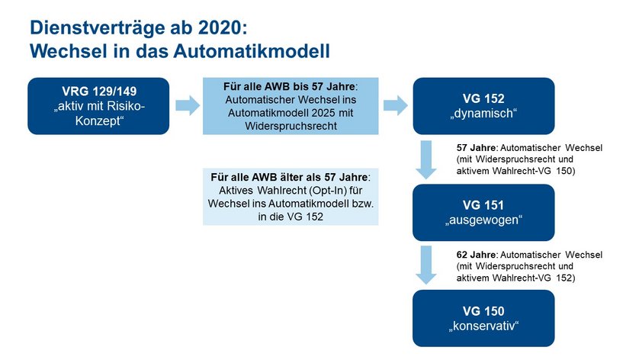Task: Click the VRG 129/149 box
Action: [98, 106]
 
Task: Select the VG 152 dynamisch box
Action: [483, 106]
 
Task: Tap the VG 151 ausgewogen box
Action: [483, 212]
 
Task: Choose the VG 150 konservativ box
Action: [483, 318]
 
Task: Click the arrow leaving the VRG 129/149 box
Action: [188, 105]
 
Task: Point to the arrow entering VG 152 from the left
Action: [395, 105]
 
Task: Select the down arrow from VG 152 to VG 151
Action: [426, 160]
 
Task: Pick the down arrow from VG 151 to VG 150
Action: [426, 265]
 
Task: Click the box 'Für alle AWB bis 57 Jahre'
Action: [291, 106]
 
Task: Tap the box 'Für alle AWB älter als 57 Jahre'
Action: [291, 197]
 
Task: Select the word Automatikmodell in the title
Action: [252, 51]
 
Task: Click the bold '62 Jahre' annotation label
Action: [476, 255]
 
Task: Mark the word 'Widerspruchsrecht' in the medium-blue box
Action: [291, 126]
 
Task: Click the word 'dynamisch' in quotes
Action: [483, 114]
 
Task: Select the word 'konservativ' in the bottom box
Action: [483, 326]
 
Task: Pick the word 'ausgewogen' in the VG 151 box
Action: [483, 220]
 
